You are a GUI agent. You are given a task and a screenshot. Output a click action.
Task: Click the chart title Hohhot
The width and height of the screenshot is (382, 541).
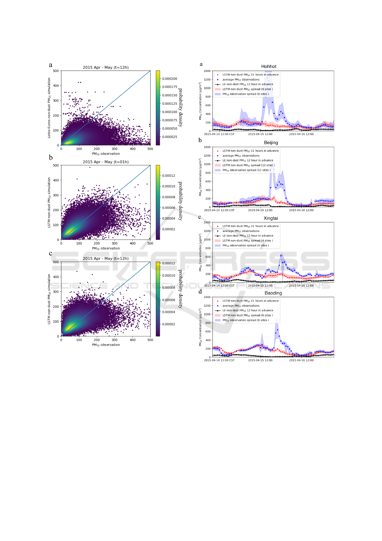pyautogui.click(x=268, y=67)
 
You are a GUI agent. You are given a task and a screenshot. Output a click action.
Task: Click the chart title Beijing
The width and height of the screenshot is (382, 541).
pyautogui.click(x=271, y=143)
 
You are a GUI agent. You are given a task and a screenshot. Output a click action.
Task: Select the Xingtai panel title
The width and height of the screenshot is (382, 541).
pyautogui.click(x=271, y=218)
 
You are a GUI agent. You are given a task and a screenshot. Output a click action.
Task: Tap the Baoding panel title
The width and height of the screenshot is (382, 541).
pyautogui.click(x=273, y=293)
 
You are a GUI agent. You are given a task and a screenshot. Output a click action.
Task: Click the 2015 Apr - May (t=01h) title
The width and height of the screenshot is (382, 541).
pyautogui.click(x=106, y=162)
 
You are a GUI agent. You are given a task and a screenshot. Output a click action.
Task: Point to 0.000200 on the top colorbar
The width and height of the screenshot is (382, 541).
pyautogui.click(x=170, y=79)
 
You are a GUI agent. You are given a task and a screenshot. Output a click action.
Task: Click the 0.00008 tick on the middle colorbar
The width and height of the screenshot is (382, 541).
pyautogui.click(x=169, y=197)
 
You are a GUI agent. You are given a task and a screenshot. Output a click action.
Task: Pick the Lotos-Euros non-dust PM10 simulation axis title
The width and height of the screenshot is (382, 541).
pyautogui.click(x=49, y=108)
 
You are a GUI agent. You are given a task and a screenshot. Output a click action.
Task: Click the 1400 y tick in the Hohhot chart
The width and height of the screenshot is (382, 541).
pyautogui.click(x=207, y=71)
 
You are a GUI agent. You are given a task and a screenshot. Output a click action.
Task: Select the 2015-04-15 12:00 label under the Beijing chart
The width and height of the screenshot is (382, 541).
pyautogui.click(x=260, y=210)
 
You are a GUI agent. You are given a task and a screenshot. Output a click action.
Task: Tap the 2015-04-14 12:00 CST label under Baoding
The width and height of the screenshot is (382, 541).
pyautogui.click(x=219, y=360)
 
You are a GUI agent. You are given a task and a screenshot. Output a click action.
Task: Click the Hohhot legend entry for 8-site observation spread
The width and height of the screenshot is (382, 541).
pyautogui.click(x=245, y=94)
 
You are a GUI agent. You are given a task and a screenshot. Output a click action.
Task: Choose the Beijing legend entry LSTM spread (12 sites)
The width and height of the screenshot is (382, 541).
pyautogui.click(x=248, y=165)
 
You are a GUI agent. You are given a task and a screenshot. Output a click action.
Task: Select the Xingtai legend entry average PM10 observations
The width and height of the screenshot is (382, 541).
pyautogui.click(x=241, y=231)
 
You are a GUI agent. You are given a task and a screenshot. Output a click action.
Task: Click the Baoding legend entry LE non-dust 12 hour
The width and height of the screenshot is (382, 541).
pyautogui.click(x=248, y=310)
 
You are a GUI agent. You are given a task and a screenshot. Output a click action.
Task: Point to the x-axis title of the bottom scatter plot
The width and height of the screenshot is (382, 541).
pyautogui.click(x=106, y=345)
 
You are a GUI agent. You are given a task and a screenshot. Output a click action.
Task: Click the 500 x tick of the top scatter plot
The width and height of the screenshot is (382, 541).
pyautogui.click(x=150, y=149)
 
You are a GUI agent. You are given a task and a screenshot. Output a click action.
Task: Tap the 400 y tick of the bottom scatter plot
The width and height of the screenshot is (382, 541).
pyautogui.click(x=56, y=277)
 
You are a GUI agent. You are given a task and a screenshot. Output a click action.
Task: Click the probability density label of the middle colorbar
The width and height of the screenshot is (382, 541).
pyautogui.click(x=180, y=201)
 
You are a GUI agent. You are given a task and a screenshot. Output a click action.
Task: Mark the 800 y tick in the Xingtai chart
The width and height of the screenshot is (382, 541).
pyautogui.click(x=208, y=248)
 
